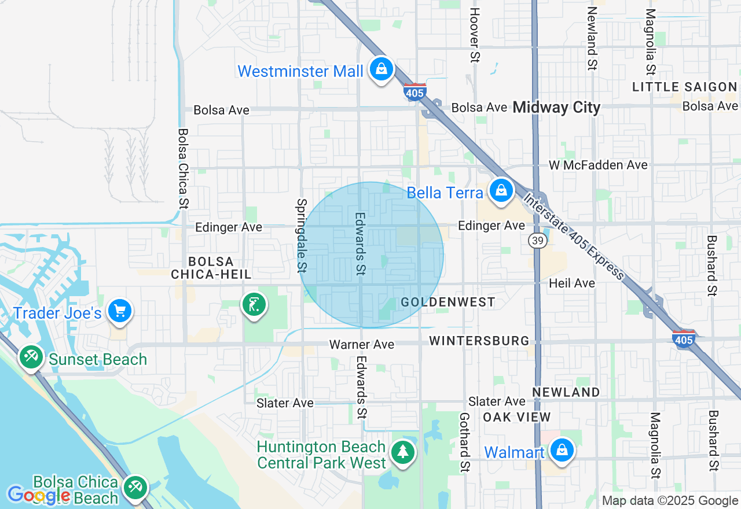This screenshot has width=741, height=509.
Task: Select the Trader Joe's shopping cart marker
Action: pyautogui.click(x=120, y=312)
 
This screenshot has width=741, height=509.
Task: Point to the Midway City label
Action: pyautogui.click(x=556, y=107)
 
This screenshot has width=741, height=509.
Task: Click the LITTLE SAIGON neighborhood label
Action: pyautogui.click(x=684, y=87)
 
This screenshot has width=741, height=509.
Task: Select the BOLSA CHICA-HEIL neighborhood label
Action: pyautogui.click(x=211, y=268)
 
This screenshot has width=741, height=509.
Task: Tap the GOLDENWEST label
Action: pyautogui.click(x=448, y=302)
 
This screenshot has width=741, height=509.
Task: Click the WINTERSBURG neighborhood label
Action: pyautogui.click(x=479, y=341)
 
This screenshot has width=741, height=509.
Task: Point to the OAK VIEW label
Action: pyautogui.click(x=517, y=417)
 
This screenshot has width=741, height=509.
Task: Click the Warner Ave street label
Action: pyautogui.click(x=362, y=345)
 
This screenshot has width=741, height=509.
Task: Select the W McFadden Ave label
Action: pyautogui.click(x=598, y=165)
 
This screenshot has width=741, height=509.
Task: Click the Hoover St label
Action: pyautogui.click(x=475, y=35)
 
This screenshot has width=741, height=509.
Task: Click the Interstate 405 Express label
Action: pyautogui.click(x=573, y=237)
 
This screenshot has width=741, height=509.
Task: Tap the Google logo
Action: pyautogui.click(x=39, y=495)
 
